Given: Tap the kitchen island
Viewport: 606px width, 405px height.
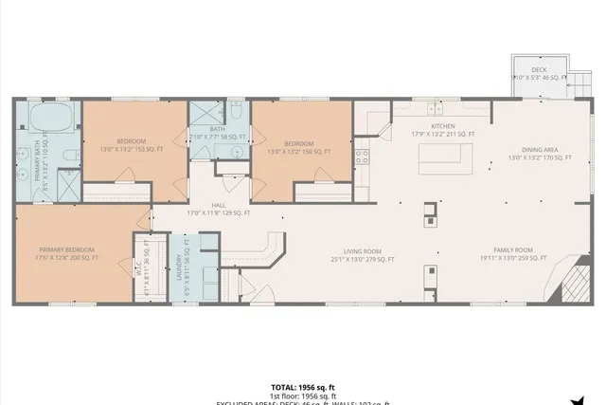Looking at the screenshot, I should point(445,161).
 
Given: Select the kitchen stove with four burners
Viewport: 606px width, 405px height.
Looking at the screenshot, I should point(362,157).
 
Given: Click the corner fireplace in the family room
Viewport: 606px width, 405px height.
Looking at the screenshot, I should point(575,282).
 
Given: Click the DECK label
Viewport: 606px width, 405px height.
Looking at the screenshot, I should point(539,69).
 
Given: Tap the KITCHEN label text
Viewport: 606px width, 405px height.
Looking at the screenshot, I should point(443,126).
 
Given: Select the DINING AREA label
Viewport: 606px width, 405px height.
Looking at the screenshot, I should point(539,150).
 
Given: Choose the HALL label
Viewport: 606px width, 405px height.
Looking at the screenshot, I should point(218,205).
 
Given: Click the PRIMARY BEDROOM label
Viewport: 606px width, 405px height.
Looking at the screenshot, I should point(69,250).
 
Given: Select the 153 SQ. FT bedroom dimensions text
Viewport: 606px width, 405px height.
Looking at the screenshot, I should point(132,149).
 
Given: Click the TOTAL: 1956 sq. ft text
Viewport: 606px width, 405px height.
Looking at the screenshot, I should point(303,387).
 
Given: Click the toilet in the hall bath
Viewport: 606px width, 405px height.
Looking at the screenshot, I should point(237,116).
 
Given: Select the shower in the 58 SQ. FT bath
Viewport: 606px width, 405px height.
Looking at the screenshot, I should point(206,114).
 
